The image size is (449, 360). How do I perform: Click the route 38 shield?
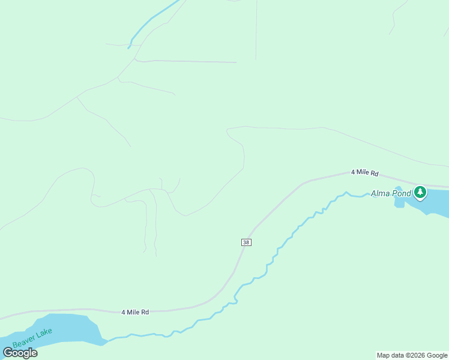point(246,242)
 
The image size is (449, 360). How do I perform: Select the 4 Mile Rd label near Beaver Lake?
point(135,313)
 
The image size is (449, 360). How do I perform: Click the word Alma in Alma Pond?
point(381,193)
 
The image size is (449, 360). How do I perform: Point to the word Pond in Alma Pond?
point(402,193)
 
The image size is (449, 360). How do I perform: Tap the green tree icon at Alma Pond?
point(420,193)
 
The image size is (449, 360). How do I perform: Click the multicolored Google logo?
point(20,353)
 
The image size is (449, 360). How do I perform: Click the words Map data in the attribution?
point(390,355)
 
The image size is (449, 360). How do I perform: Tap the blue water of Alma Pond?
point(436,202)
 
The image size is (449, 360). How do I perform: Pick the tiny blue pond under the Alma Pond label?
point(399,202)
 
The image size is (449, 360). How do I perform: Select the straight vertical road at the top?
point(256,30)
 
